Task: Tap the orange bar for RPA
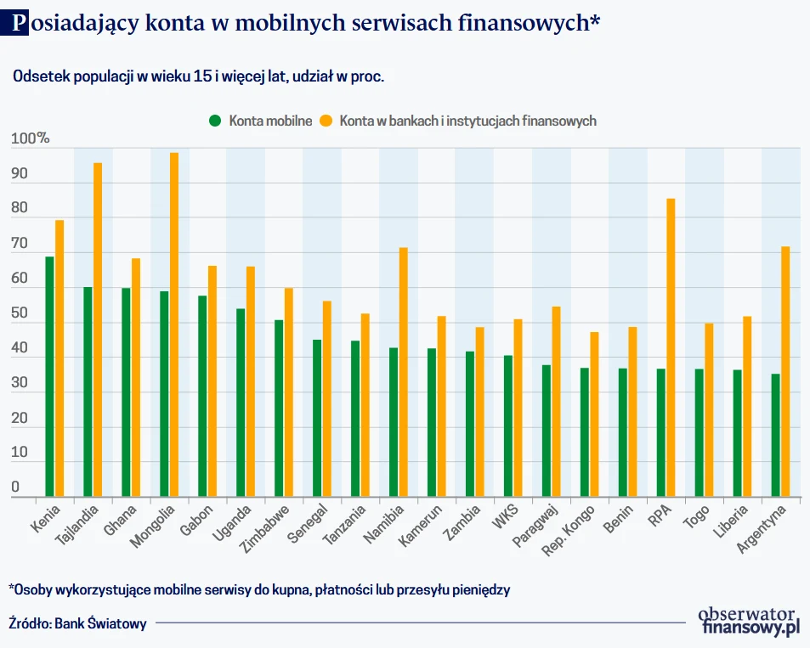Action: tap(671, 347)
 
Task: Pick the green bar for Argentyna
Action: tap(775, 435)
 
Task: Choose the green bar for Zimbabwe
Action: tap(279, 408)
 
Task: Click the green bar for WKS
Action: tap(508, 425)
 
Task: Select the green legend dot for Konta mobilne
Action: tap(215, 121)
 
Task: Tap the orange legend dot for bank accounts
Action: tap(326, 121)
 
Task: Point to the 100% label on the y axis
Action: tap(31, 139)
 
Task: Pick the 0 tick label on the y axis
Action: tap(15, 487)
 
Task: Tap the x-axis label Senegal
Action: tap(309, 526)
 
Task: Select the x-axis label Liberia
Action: tap(730, 523)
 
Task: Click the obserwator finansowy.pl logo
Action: tap(748, 621)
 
